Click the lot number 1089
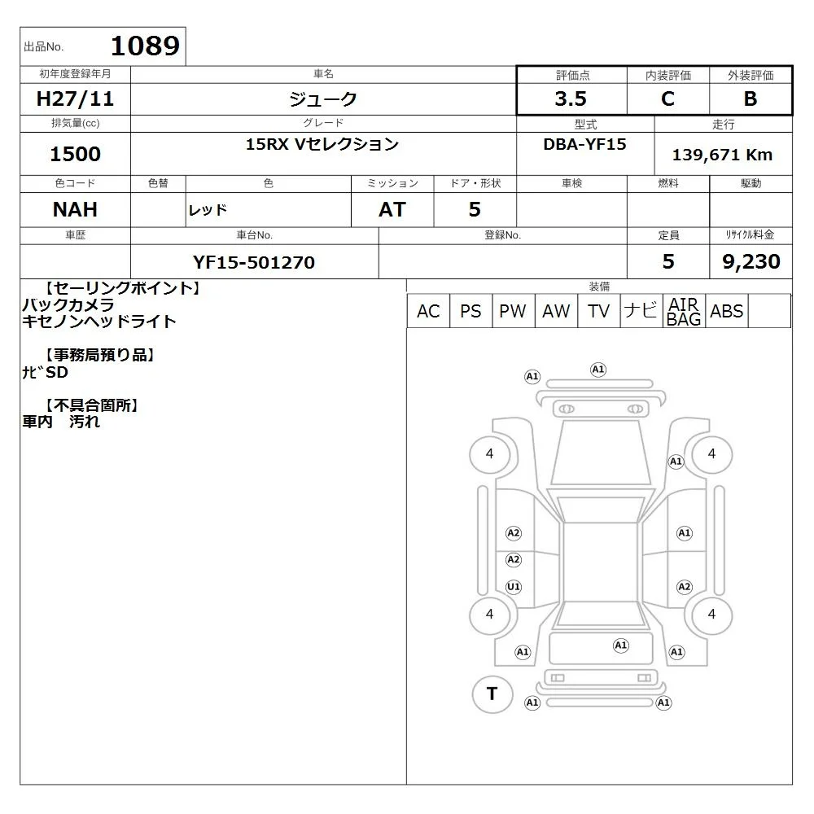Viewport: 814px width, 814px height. click(x=146, y=46)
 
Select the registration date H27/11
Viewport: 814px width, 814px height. click(x=75, y=98)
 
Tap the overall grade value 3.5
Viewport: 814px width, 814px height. click(x=571, y=98)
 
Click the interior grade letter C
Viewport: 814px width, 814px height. click(x=667, y=98)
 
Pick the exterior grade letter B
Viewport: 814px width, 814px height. click(x=751, y=98)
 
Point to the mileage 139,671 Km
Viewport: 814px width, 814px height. click(x=722, y=155)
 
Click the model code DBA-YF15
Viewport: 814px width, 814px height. click(x=584, y=144)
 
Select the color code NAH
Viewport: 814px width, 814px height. click(x=75, y=210)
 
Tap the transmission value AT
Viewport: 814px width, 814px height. click(x=392, y=210)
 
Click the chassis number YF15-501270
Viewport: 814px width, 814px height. click(x=254, y=262)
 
